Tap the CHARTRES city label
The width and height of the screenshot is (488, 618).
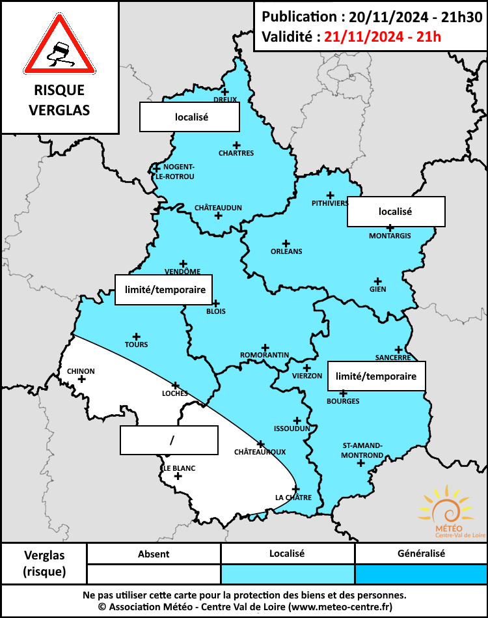(x=237, y=153)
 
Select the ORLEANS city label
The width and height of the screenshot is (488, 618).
(x=286, y=251)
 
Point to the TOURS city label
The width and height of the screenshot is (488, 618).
(x=137, y=344)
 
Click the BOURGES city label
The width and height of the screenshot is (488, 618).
(x=343, y=401)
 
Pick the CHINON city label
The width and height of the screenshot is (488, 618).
(x=81, y=371)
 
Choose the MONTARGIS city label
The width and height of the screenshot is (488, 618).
(x=390, y=236)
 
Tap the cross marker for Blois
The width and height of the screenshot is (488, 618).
(x=216, y=303)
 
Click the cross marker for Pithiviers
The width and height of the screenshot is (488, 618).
(x=330, y=195)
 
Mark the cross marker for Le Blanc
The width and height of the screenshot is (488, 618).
(x=177, y=476)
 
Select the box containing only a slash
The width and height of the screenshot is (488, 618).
(x=169, y=440)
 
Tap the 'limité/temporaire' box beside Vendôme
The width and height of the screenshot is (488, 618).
(x=164, y=289)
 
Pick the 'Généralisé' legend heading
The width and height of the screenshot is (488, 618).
(x=421, y=554)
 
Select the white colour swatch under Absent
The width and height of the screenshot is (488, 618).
(x=154, y=574)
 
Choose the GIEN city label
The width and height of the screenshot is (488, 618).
(x=377, y=289)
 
